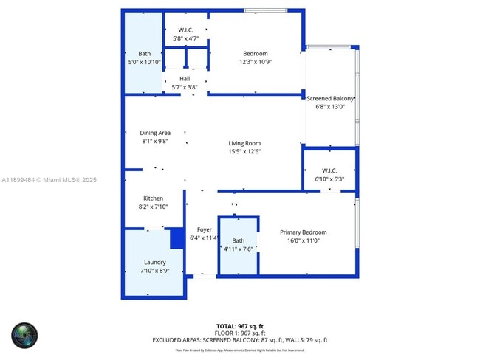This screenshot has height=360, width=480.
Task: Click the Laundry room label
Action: (x=155, y=262)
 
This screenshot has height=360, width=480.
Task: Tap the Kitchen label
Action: (x=153, y=198)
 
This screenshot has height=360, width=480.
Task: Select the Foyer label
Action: (x=204, y=229)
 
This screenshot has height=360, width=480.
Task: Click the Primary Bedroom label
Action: (x=303, y=232)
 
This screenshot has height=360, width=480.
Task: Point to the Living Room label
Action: (x=244, y=143)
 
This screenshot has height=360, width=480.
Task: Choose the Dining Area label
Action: (x=155, y=133)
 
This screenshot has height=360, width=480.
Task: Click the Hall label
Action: (x=185, y=79)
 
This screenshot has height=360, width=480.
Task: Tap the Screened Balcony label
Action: (x=330, y=98)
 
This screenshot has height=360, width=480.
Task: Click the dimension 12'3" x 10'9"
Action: (x=256, y=62)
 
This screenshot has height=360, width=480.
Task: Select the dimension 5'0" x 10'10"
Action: (x=144, y=62)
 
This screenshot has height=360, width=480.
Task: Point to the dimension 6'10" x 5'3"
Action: (x=329, y=179)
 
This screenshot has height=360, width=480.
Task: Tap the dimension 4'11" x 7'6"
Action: (x=239, y=249)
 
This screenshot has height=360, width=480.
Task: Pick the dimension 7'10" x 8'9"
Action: (x=155, y=271)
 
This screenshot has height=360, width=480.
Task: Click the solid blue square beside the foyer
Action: (x=177, y=239)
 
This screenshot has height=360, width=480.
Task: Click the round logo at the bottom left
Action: (x=24, y=335)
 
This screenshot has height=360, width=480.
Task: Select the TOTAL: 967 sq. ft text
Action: (x=239, y=325)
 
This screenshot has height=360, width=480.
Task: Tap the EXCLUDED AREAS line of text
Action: (x=239, y=340)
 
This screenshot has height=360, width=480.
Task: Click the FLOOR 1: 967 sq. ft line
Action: (x=239, y=333)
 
